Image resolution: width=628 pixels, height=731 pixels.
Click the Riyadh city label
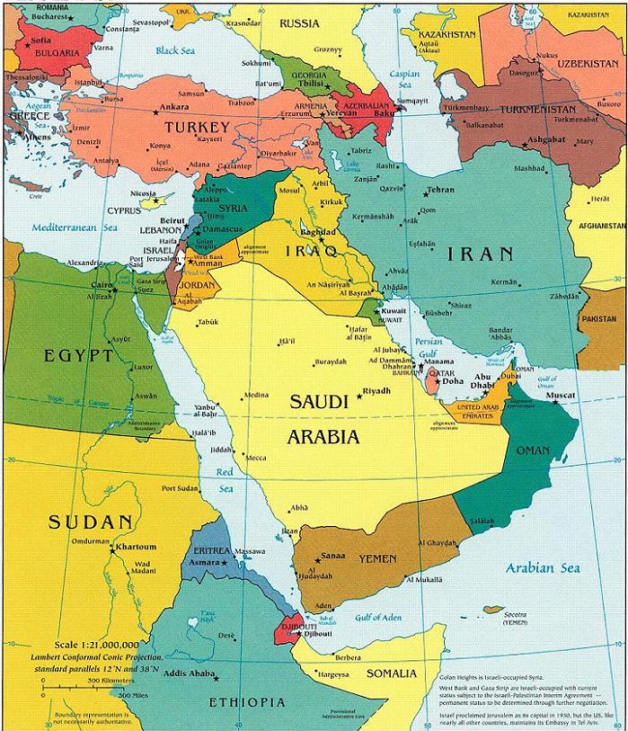378,390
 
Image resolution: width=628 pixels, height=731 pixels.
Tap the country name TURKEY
197,129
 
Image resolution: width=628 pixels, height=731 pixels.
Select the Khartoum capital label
135,547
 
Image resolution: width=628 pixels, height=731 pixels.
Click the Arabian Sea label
542,567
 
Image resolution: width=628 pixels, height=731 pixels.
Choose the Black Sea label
174,51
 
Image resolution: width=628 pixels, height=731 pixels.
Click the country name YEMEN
377,559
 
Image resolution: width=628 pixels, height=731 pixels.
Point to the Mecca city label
256,458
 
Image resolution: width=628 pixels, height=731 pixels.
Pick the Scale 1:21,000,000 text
96,645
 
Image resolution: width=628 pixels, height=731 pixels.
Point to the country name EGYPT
79,356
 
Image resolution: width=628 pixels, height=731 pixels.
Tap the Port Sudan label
181,488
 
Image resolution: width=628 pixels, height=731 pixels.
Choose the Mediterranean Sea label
76,227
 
